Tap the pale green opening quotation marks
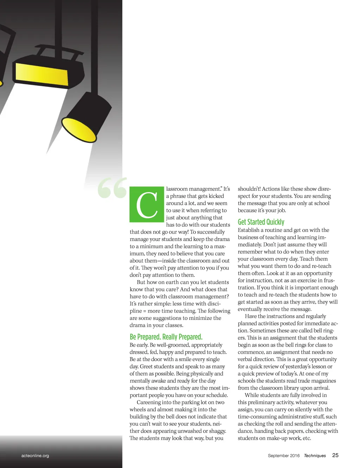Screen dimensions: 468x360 click(112, 188)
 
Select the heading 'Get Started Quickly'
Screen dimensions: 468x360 click(261, 222)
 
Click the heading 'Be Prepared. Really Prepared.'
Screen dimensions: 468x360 click(166, 337)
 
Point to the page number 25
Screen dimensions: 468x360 click(335, 455)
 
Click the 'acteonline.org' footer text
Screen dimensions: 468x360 click(35, 456)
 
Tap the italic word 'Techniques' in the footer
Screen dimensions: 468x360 click(315, 456)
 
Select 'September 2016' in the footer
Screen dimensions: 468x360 click(284, 456)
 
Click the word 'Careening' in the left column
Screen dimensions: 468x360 click(148, 403)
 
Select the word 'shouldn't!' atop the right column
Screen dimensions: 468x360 click(249, 189)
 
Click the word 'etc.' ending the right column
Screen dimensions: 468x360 click(307, 438)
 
